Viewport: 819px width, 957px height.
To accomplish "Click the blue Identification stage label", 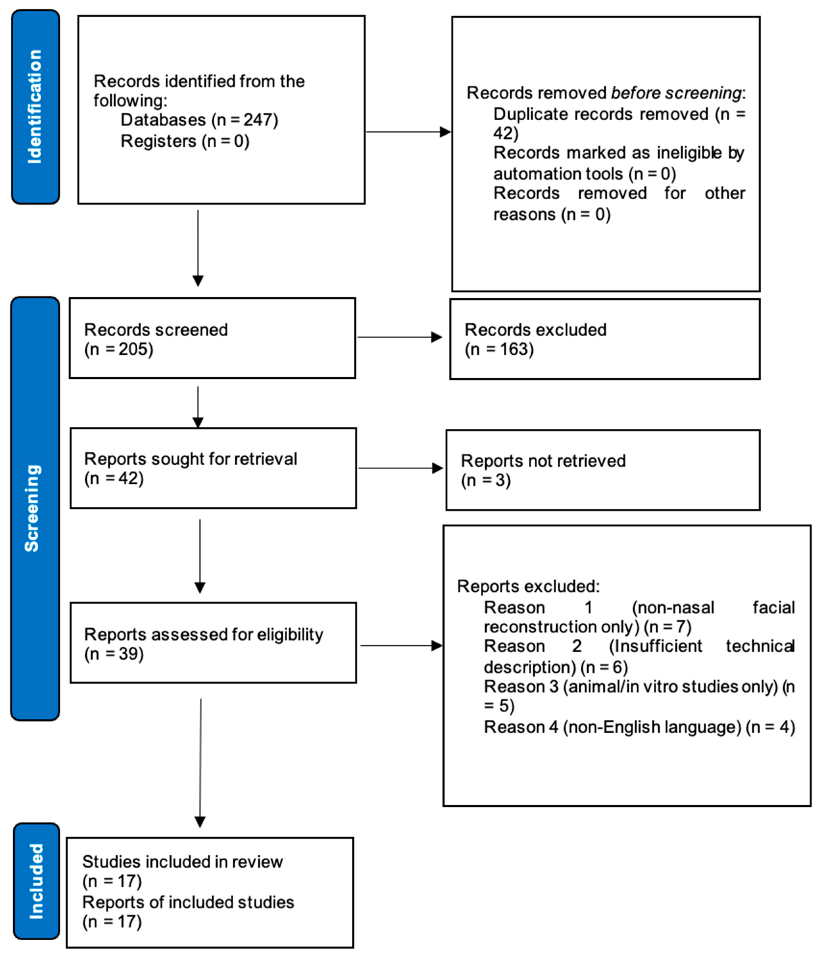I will pos(35,107).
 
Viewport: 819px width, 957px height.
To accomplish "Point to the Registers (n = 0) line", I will pos(185,141).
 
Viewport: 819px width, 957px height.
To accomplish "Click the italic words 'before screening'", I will pos(676,93).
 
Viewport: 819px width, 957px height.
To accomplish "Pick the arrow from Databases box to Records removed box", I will pos(407,132).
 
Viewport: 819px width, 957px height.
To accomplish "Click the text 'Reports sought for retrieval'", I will pos(190,459).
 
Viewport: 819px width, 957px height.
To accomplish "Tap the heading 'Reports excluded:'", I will pos(528,586).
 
